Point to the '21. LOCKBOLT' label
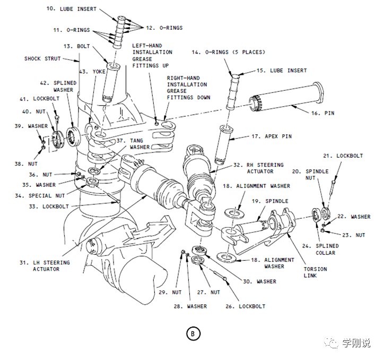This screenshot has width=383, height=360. pyautogui.click(x=343, y=156)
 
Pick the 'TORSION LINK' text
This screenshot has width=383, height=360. pyautogui.click(x=315, y=272)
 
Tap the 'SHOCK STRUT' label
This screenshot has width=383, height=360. pyautogui.click(x=42, y=59)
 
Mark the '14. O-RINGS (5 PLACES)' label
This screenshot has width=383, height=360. pyautogui.click(x=228, y=52)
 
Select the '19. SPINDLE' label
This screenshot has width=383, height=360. pyautogui.click(x=270, y=201)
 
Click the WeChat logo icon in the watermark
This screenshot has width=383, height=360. pyautogui.click(x=333, y=344)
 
